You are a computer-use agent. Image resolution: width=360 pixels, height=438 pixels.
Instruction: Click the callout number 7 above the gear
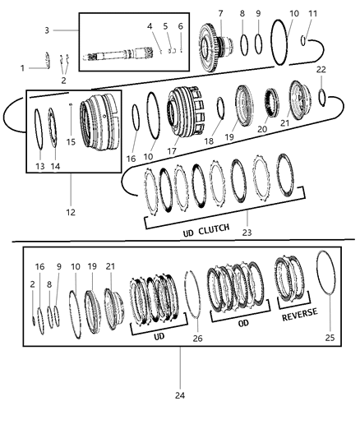[x=220, y=14]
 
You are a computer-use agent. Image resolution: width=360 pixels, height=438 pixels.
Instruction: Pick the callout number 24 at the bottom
[x=180, y=394]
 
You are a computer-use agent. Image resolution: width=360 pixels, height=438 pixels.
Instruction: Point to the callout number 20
[x=261, y=129]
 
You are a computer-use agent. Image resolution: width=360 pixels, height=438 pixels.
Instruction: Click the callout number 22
[x=322, y=69]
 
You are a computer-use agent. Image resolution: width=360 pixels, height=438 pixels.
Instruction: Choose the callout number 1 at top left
[x=22, y=67]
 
